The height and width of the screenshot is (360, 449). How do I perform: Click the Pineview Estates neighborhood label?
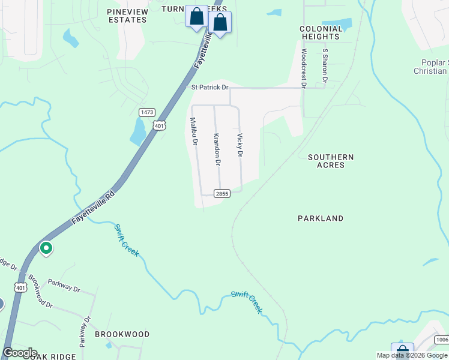(x=127, y=16)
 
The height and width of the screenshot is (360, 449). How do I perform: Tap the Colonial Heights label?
(x=320, y=32)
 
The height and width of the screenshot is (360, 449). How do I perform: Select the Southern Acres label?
(x=331, y=161)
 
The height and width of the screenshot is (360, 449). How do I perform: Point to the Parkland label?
(x=321, y=218)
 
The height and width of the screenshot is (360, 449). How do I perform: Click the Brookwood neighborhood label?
(x=122, y=334)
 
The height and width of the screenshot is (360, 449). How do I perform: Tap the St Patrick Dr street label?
(x=210, y=87)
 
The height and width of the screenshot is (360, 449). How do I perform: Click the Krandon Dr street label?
(x=217, y=149)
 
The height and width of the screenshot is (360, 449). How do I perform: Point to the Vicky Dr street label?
(x=240, y=145)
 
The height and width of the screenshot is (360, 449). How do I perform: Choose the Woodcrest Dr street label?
(x=304, y=66)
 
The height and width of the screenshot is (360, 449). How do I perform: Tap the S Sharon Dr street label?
(x=325, y=65)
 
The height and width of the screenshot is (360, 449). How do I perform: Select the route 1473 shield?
(x=146, y=112)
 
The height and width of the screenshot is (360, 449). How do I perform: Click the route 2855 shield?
(x=222, y=193)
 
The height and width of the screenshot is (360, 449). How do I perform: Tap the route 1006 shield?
(x=442, y=340)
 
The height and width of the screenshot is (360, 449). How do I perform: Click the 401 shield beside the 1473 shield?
(x=158, y=125)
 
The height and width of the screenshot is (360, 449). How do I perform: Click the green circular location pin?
(x=46, y=247)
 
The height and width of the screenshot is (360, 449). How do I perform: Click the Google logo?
(x=20, y=353)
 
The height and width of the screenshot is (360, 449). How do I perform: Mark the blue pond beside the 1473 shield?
(x=137, y=131)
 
